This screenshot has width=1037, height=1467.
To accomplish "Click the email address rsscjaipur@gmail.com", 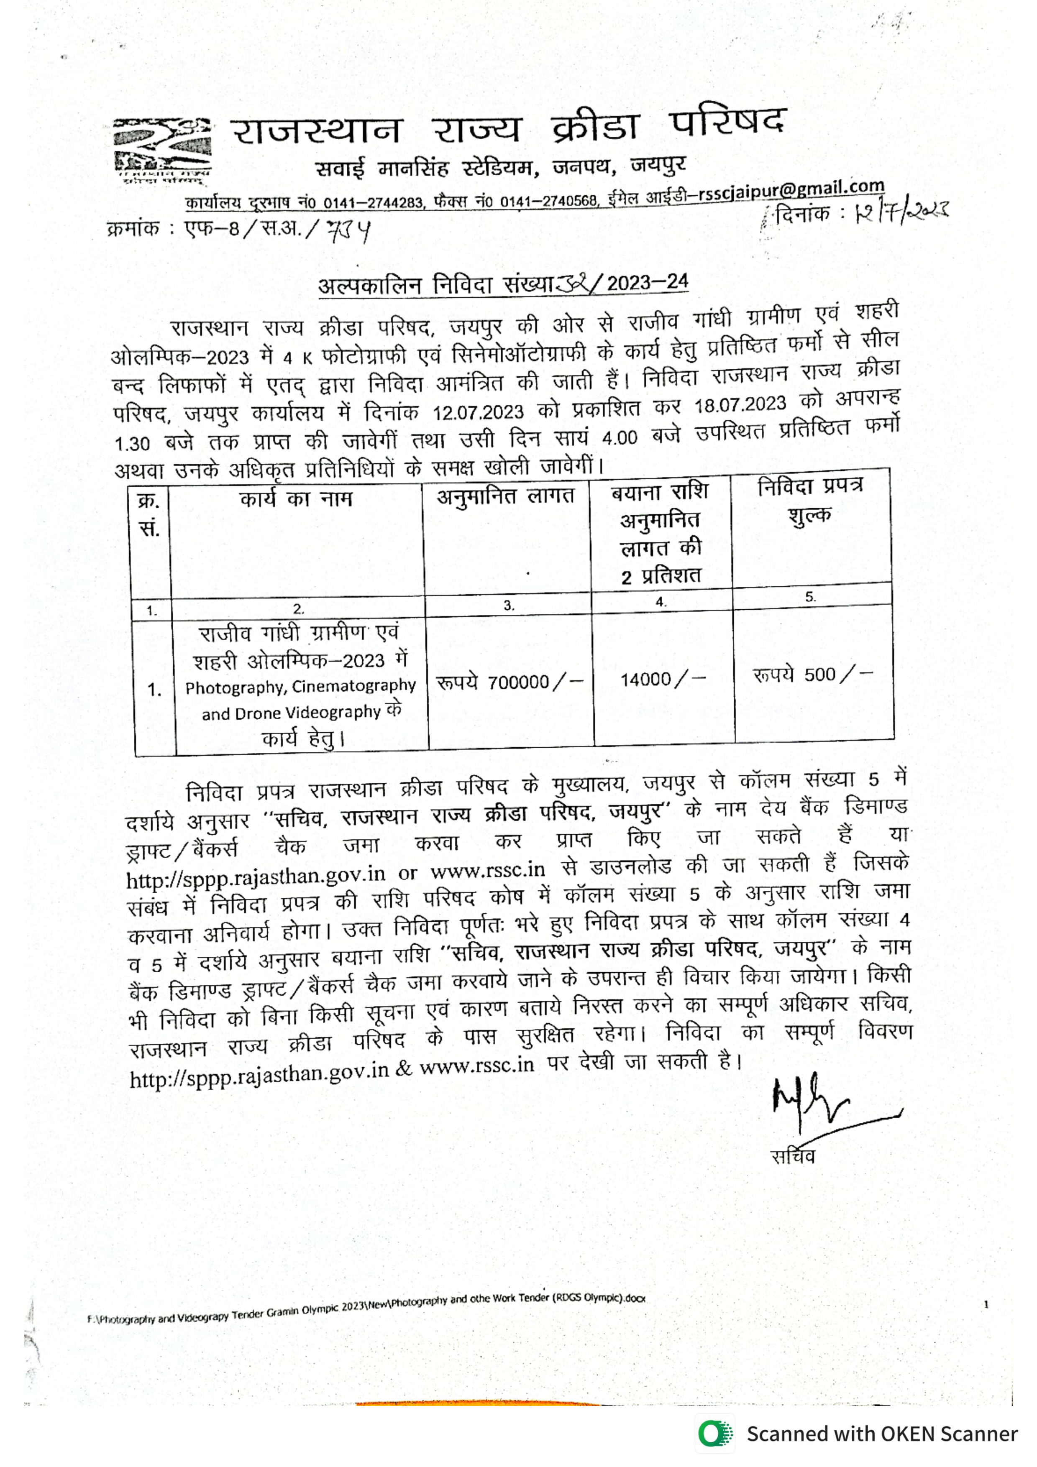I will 791,189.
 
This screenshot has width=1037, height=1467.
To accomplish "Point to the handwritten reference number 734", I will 348,231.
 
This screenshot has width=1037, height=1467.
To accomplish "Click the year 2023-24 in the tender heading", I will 647,282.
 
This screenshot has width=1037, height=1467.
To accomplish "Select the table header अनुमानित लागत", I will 505,496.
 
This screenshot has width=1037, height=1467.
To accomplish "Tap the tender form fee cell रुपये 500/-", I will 812,675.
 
